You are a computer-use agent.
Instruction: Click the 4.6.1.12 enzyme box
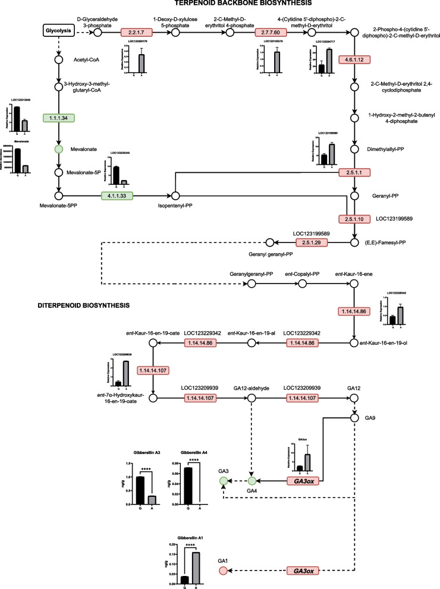point(354,60)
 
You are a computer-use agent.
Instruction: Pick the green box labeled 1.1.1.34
point(59,118)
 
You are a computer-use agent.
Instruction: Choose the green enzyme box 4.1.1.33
point(117,195)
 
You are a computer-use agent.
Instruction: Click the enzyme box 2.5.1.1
point(354,172)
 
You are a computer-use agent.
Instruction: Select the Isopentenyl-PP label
point(176,206)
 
